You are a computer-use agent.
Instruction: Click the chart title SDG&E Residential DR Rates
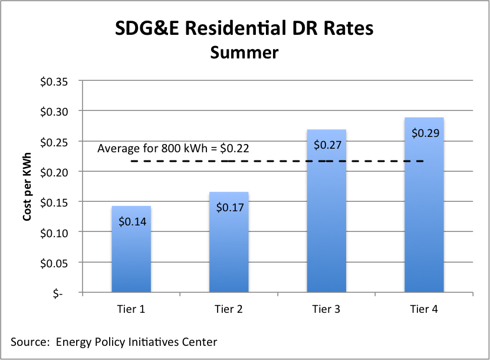point(244,28)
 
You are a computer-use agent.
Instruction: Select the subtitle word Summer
point(244,53)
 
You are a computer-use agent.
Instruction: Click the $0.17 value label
point(229,208)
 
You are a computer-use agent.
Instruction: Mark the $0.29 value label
point(425,133)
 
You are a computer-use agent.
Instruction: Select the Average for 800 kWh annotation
point(173,148)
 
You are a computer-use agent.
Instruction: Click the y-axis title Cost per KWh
point(27,186)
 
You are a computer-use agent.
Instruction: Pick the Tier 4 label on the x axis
point(424,309)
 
